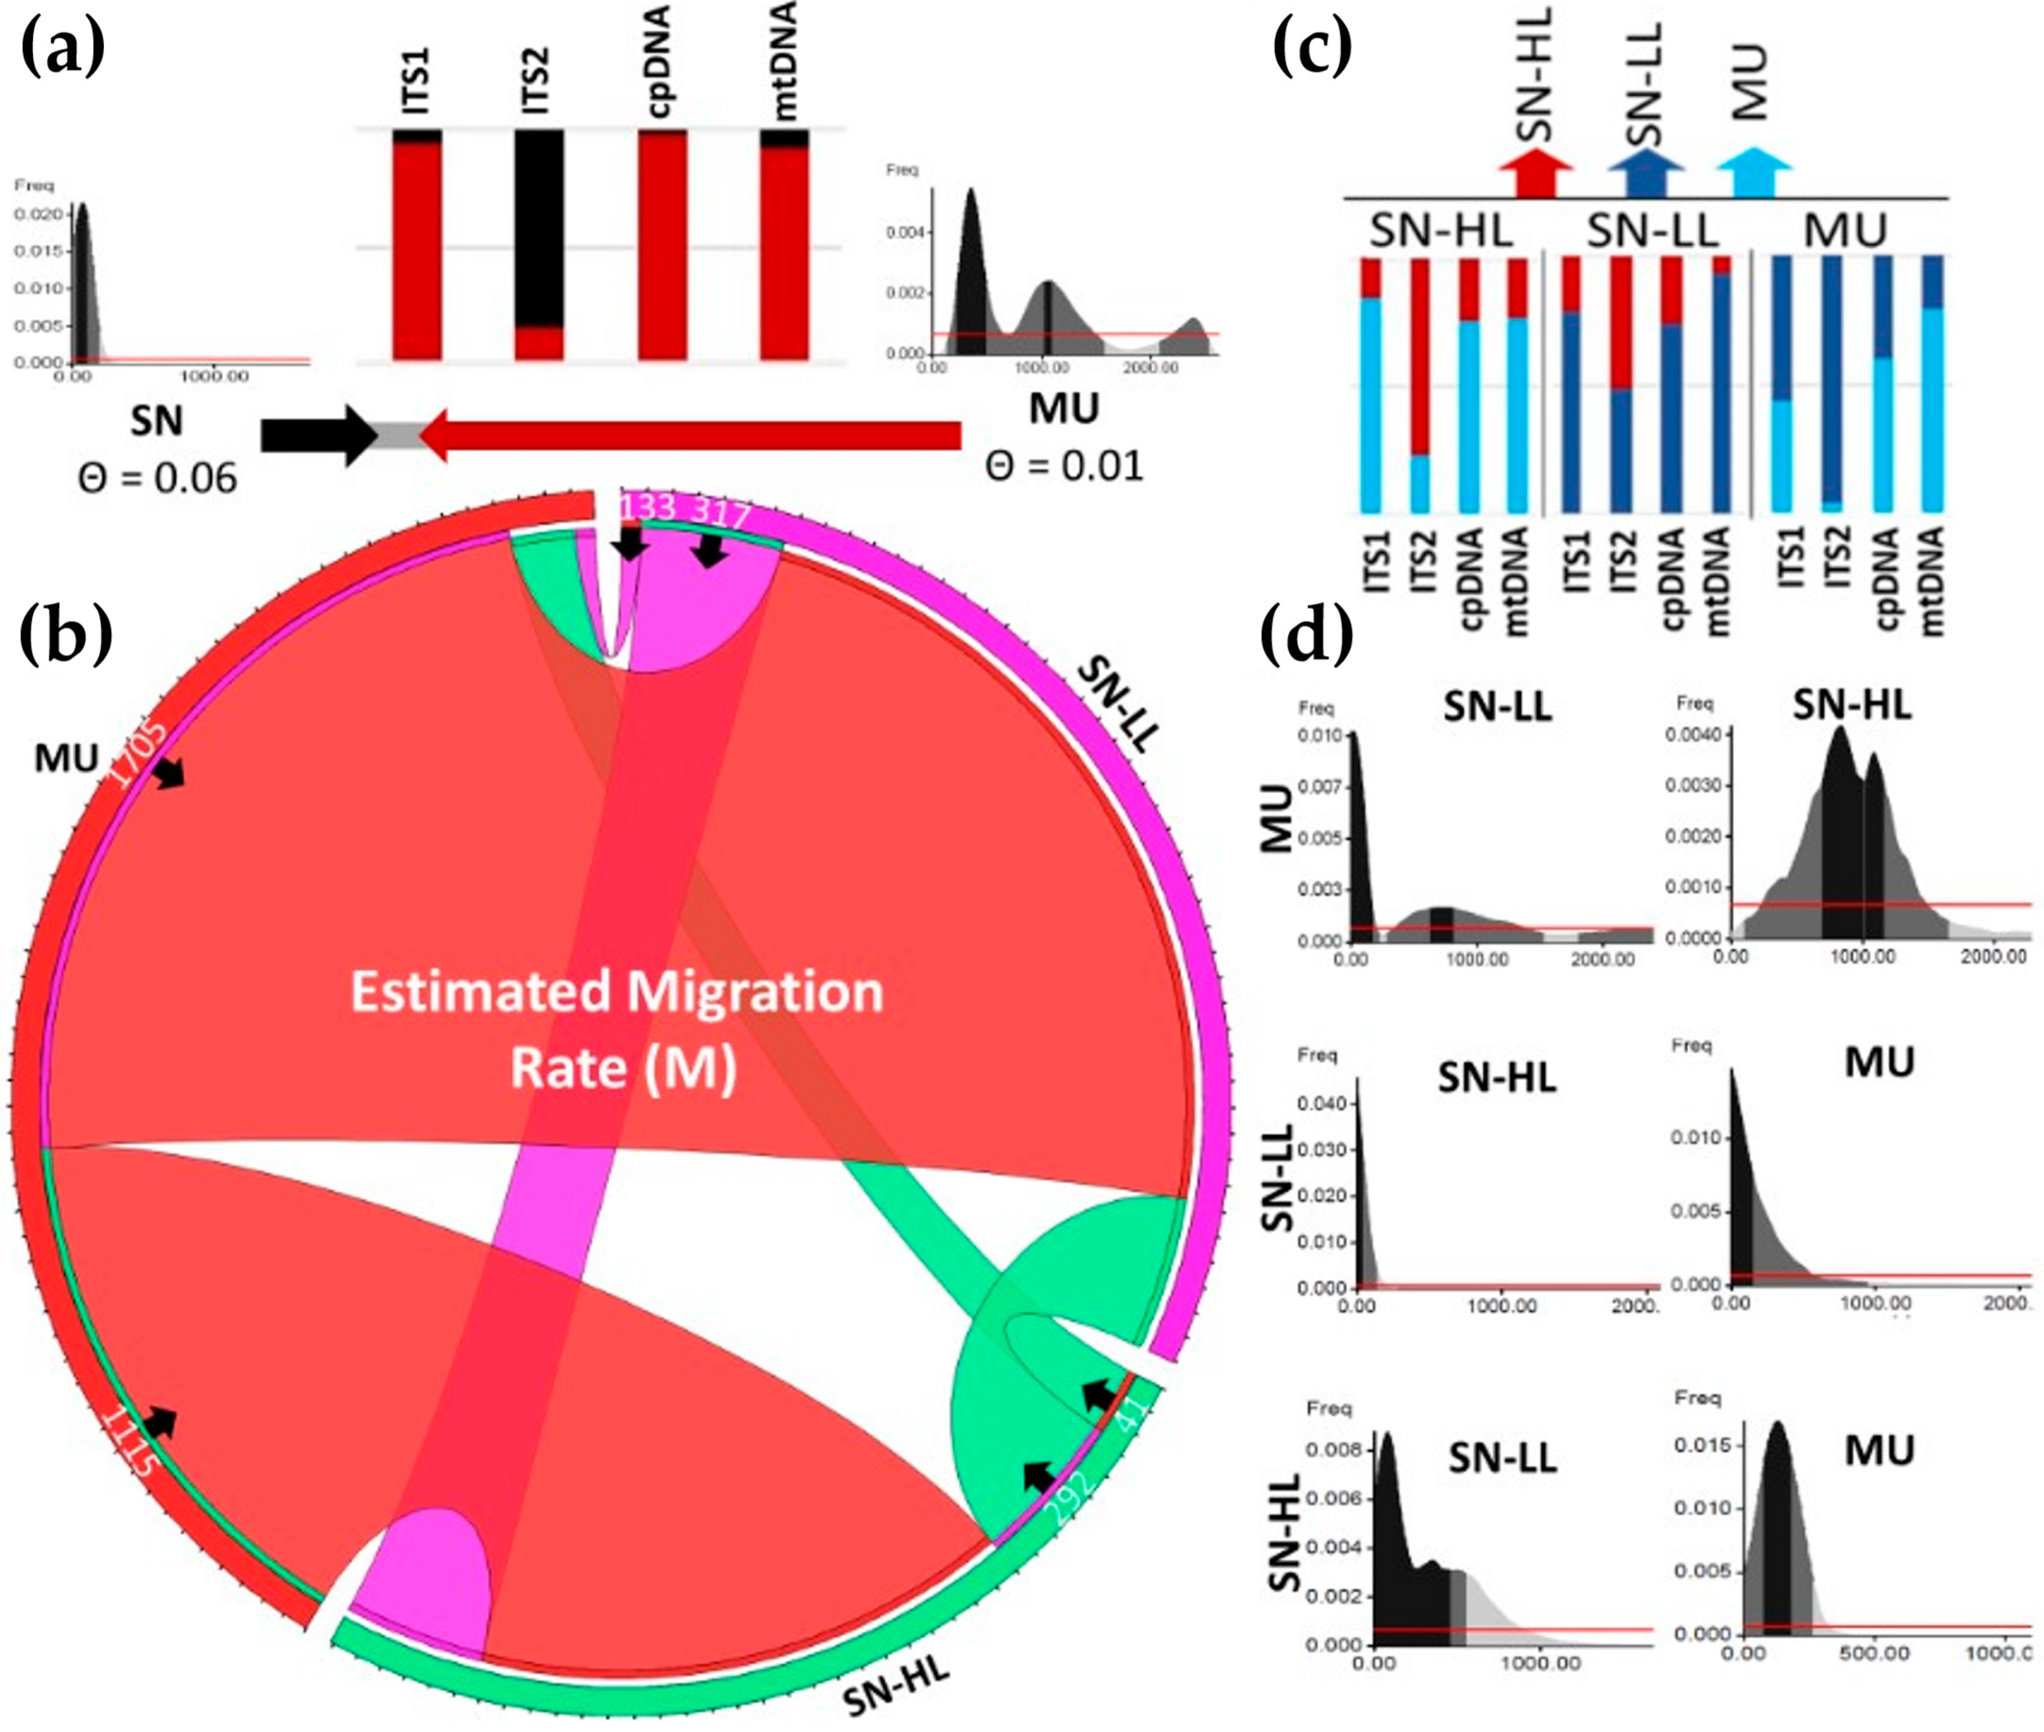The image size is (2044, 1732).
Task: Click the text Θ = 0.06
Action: [157, 478]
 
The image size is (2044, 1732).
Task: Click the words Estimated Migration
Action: [617, 992]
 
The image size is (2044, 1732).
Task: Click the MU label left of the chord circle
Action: [67, 758]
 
